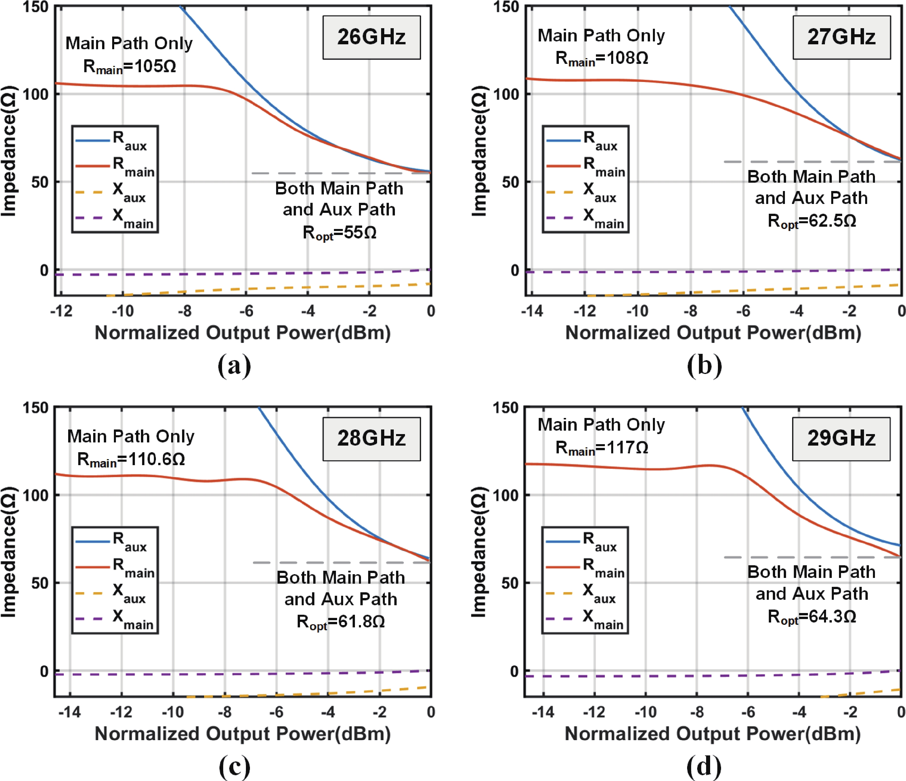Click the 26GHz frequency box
click(371, 37)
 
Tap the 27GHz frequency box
click(841, 37)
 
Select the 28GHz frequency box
click(371, 439)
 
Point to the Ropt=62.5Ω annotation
click(812, 221)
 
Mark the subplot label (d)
click(704, 766)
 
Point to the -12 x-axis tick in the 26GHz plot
click(61, 311)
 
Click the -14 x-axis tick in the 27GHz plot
click(532, 311)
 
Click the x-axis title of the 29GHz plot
click(713, 734)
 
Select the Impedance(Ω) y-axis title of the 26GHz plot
click(9, 151)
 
